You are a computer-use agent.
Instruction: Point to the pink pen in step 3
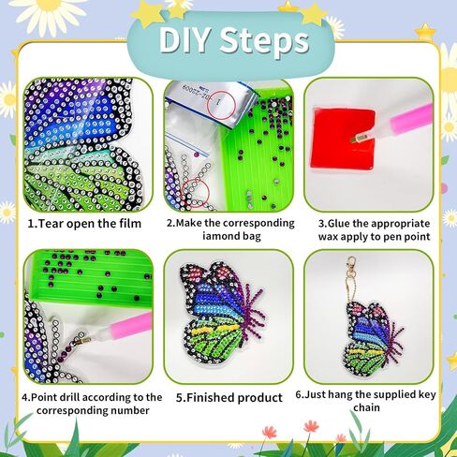tap(402, 125)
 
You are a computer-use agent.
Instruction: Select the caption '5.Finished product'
tap(228, 398)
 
